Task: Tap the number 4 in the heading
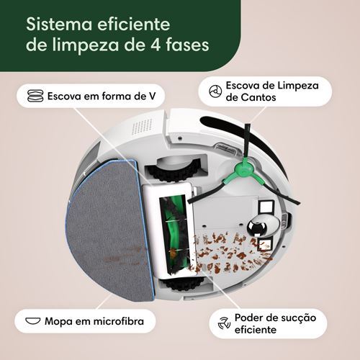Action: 156,45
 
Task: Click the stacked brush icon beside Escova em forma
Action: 35,96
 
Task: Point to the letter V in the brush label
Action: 151,96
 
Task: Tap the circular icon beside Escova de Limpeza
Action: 215,91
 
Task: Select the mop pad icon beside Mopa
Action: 32,321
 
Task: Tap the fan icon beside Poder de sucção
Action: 224,323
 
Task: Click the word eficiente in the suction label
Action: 256,330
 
